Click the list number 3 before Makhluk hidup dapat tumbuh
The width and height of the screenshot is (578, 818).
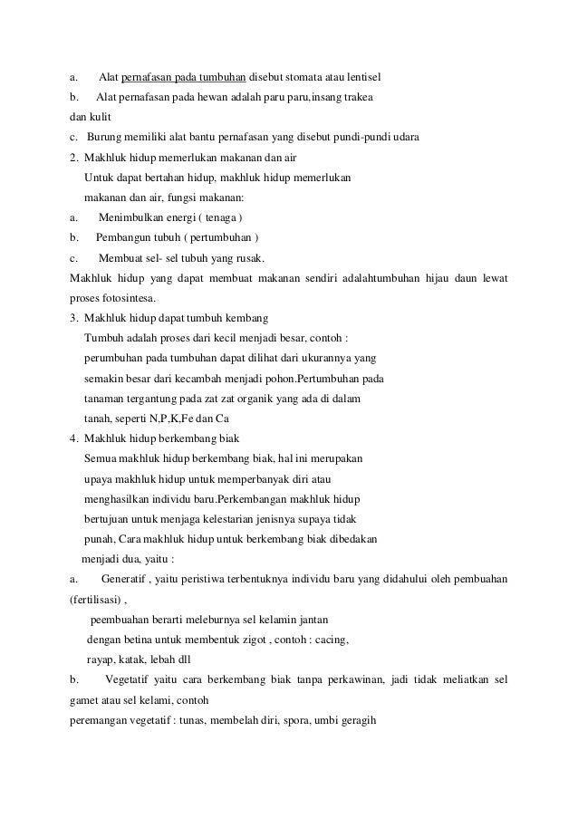pyautogui.click(x=73, y=319)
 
